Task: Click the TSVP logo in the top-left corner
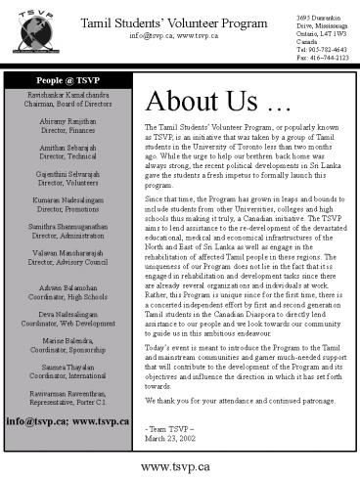tap(28, 29)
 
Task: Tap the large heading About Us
tap(205, 101)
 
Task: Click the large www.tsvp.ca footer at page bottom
tap(181, 466)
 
